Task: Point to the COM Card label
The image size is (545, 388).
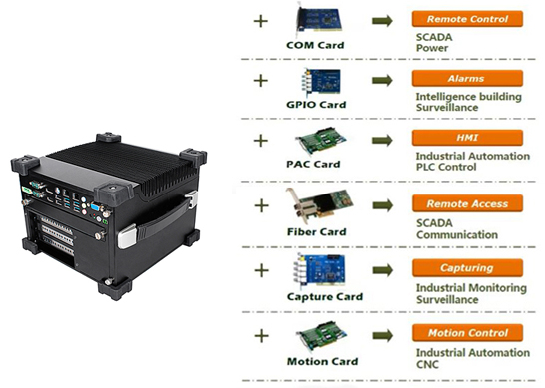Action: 316,46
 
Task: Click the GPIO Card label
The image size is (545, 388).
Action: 316,105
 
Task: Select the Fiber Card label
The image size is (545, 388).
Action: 316,231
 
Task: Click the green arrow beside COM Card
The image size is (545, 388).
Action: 381,20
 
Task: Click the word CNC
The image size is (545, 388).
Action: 426,365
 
